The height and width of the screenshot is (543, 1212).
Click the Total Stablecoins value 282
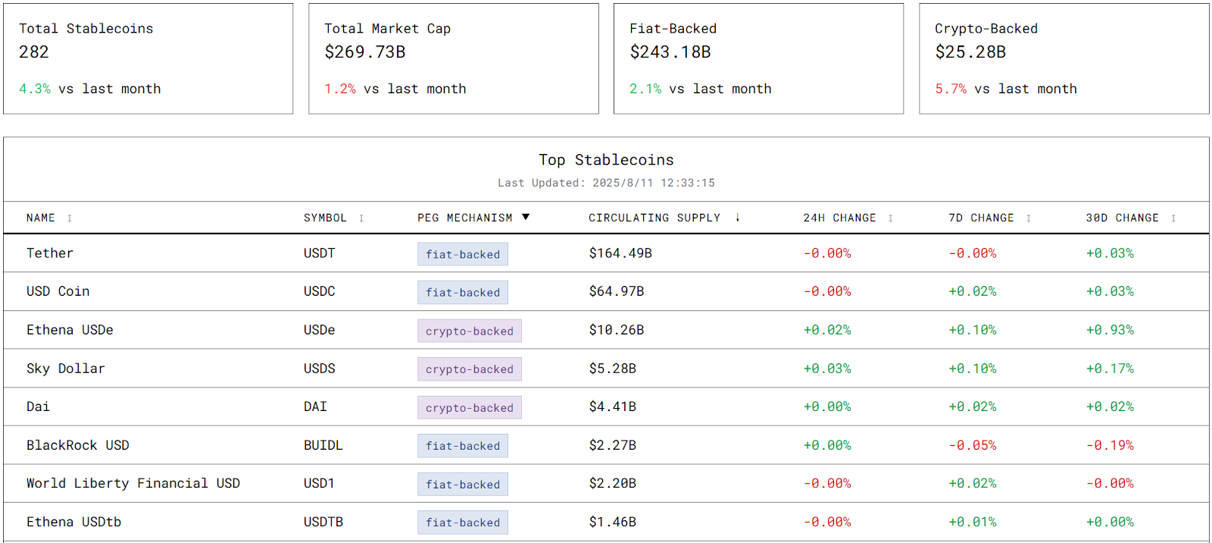(x=34, y=52)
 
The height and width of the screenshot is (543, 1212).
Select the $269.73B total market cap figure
(x=365, y=52)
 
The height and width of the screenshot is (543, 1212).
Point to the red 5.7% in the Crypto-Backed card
(x=951, y=89)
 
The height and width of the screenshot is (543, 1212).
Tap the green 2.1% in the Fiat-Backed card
(x=645, y=89)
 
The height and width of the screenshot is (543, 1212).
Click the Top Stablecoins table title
(x=606, y=160)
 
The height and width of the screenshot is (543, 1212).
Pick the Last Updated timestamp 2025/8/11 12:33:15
(x=653, y=183)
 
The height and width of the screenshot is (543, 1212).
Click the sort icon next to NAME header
(x=70, y=218)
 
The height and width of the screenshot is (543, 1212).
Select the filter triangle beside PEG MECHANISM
(x=526, y=218)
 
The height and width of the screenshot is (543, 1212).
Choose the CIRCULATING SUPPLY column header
(x=654, y=218)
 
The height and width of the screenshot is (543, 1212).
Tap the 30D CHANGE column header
(x=1122, y=218)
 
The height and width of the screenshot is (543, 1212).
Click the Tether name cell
(x=50, y=253)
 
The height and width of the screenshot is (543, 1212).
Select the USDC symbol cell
(x=320, y=291)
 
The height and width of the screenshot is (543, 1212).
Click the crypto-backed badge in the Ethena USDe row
(x=469, y=331)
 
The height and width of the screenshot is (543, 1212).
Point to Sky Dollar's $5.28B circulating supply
(x=613, y=369)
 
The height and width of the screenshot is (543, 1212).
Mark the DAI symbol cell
(x=315, y=407)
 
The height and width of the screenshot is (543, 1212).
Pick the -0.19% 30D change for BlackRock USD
(x=1110, y=446)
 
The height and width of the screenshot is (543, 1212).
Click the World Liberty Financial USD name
(x=133, y=484)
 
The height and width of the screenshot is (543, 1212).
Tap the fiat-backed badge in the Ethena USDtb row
(x=463, y=523)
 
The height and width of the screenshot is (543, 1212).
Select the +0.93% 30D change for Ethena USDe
(x=1110, y=331)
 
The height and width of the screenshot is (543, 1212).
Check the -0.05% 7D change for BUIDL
(x=973, y=446)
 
